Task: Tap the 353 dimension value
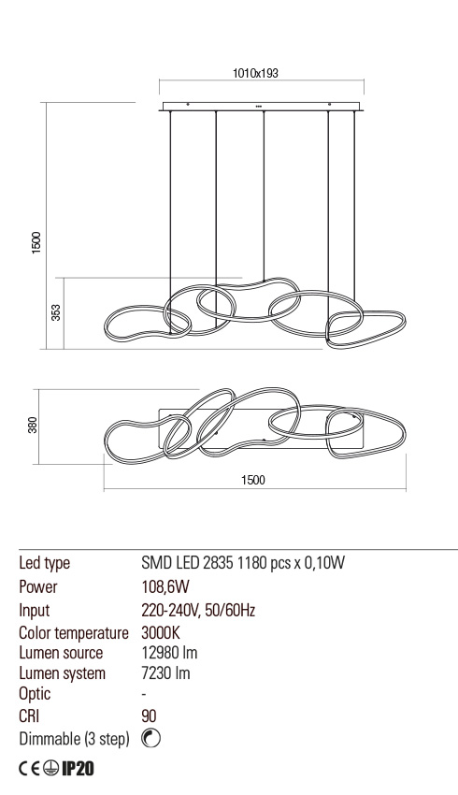click(x=56, y=311)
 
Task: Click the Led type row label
click(x=45, y=564)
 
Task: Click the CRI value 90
click(x=148, y=715)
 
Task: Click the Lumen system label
click(x=62, y=672)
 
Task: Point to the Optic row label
click(x=35, y=694)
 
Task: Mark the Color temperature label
click(x=73, y=633)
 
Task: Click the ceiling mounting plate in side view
click(x=261, y=106)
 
